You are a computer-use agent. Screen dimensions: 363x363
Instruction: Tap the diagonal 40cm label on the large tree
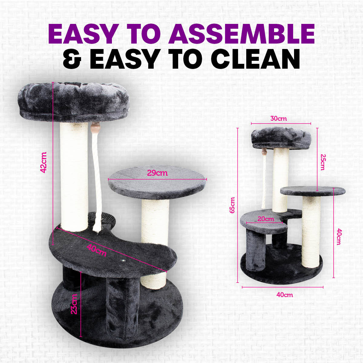96,250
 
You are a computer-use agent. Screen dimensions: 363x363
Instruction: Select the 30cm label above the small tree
278,118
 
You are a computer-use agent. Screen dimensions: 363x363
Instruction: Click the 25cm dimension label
323,162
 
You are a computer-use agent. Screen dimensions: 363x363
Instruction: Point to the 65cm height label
232,205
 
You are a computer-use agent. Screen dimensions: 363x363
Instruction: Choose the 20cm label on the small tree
266,219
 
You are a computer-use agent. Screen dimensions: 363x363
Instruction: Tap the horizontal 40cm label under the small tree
284,295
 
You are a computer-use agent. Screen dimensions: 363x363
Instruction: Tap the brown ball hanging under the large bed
96,125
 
